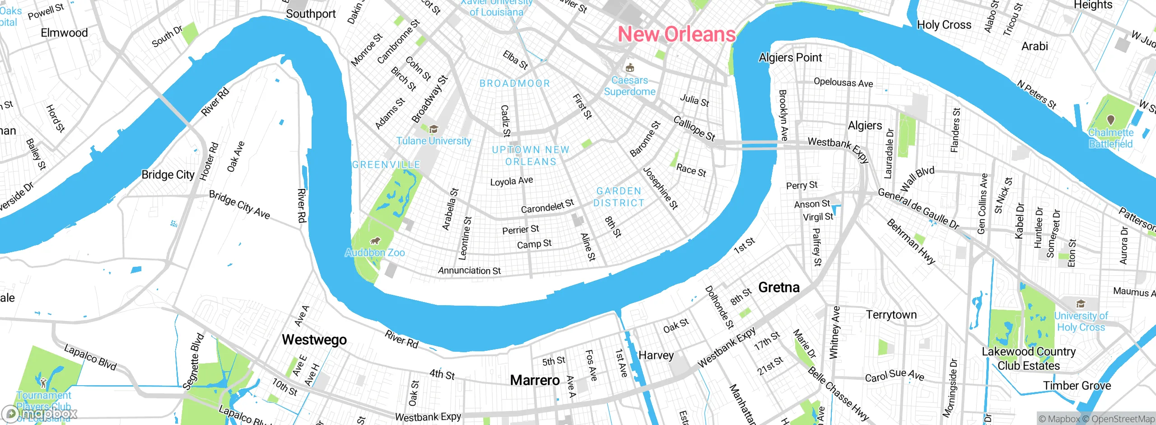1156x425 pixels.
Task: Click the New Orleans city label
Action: [676, 34]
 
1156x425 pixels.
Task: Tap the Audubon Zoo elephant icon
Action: [375, 241]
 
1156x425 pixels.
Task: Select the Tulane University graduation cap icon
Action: [433, 130]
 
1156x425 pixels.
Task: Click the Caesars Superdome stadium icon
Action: [629, 68]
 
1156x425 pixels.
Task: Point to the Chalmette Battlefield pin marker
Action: [1111, 120]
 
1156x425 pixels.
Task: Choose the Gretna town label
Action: [778, 287]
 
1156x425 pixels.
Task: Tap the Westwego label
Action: [314, 340]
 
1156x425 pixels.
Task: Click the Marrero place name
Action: [535, 380]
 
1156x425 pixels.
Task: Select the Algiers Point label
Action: [790, 57]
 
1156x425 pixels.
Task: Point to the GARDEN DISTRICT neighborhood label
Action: [619, 197]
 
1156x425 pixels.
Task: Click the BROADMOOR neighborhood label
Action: [515, 84]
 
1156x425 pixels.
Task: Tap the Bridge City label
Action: [168, 175]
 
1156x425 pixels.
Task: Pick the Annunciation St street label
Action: [469, 270]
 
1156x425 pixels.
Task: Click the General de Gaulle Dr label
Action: [918, 208]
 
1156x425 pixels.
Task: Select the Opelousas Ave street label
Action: [843, 83]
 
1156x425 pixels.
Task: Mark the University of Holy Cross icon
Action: [1081, 303]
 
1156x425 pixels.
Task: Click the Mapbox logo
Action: [40, 413]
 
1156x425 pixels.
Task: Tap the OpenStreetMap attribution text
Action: [1123, 419]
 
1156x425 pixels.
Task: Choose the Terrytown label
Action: [891, 315]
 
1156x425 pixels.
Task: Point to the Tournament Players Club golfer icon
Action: [43, 382]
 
